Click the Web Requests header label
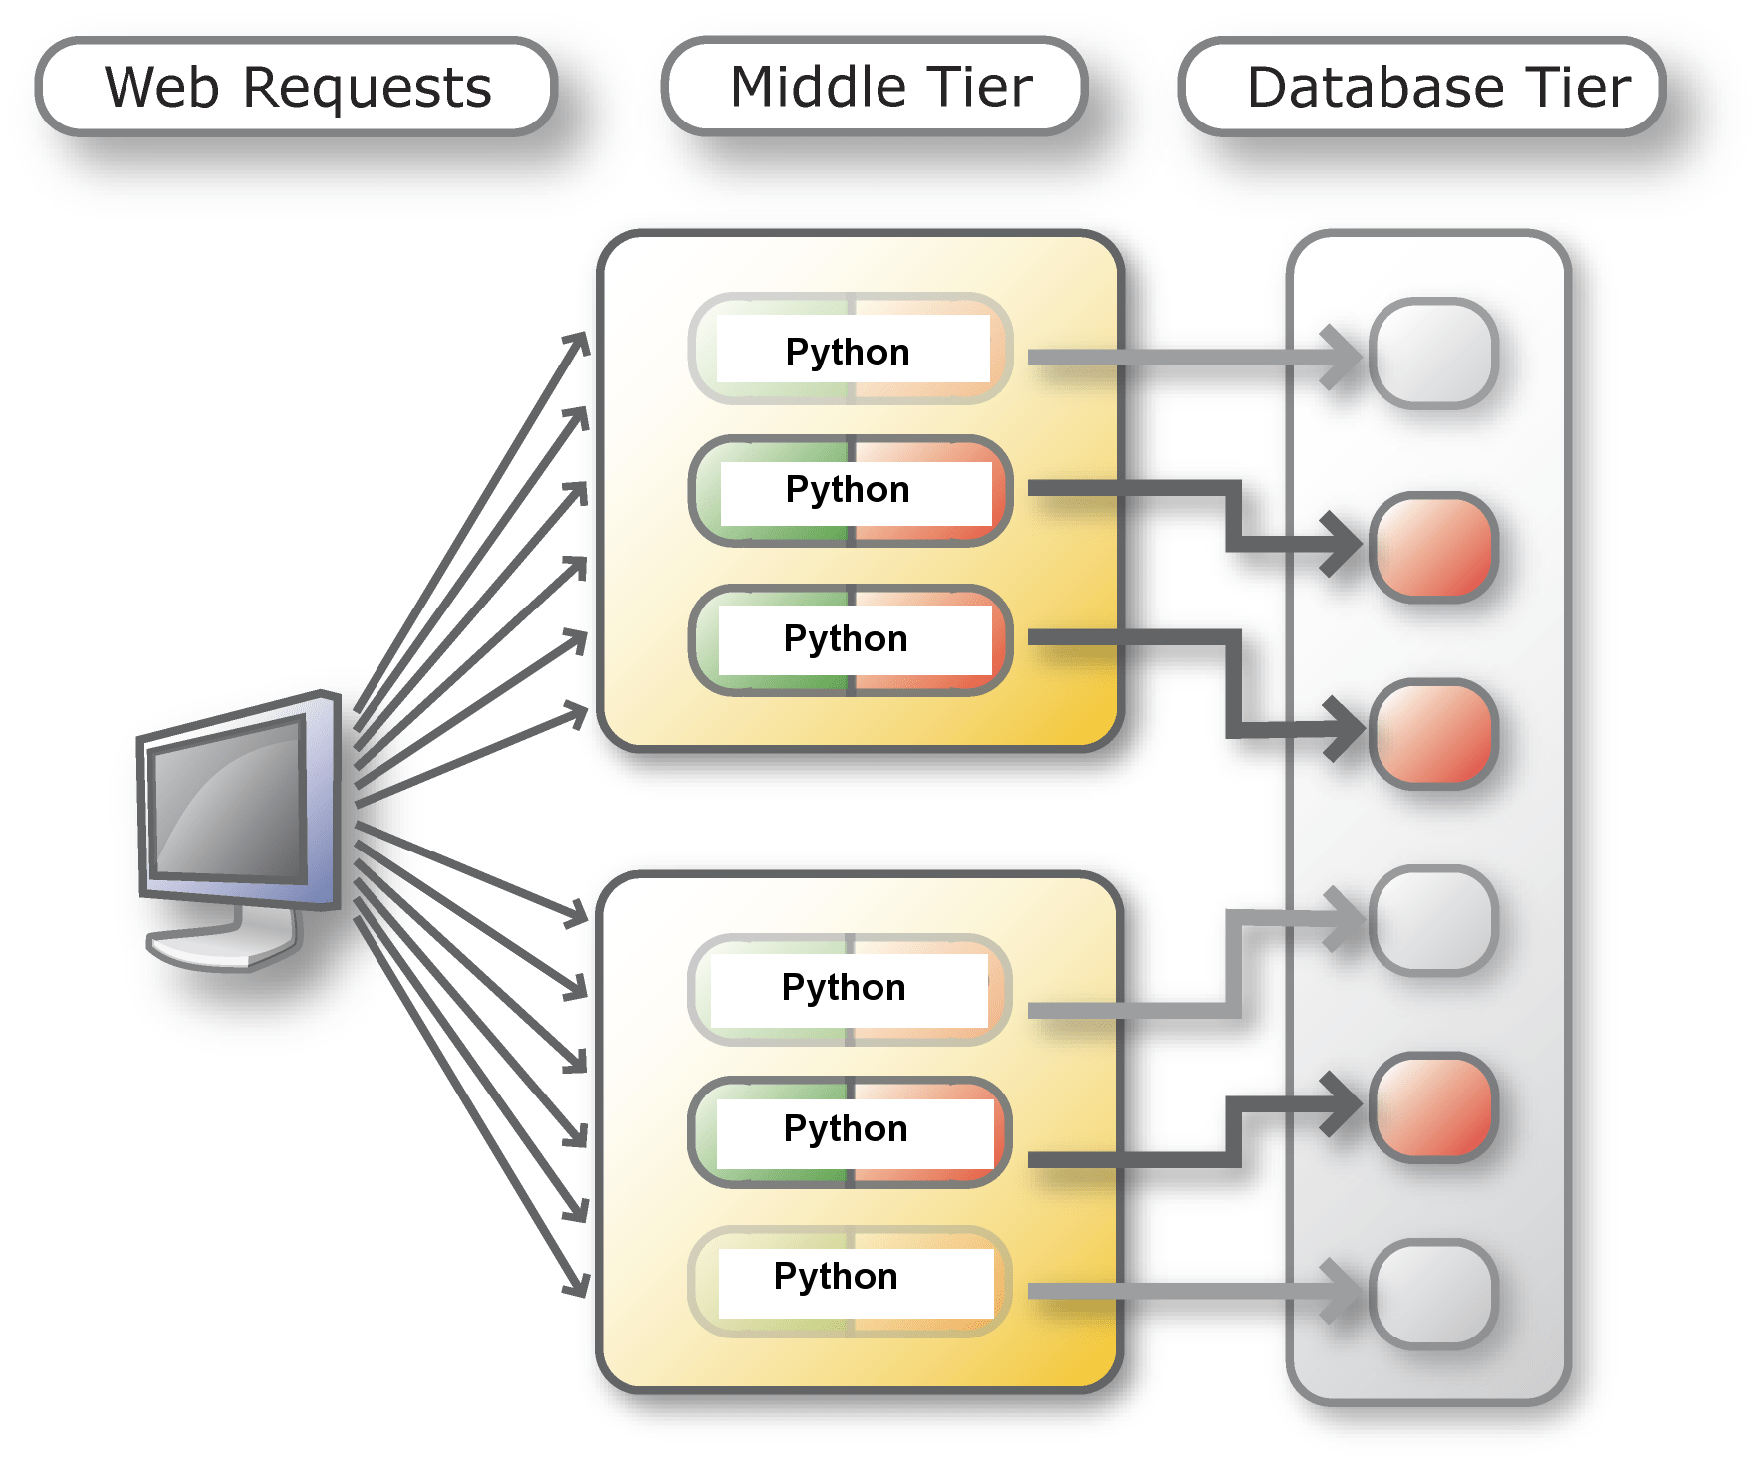297,87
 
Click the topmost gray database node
1433,354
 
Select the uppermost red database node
1433,547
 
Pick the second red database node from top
1433,734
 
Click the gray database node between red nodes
1433,919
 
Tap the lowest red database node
1433,1106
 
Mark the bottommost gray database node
1433,1293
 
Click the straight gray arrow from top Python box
1175,358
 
